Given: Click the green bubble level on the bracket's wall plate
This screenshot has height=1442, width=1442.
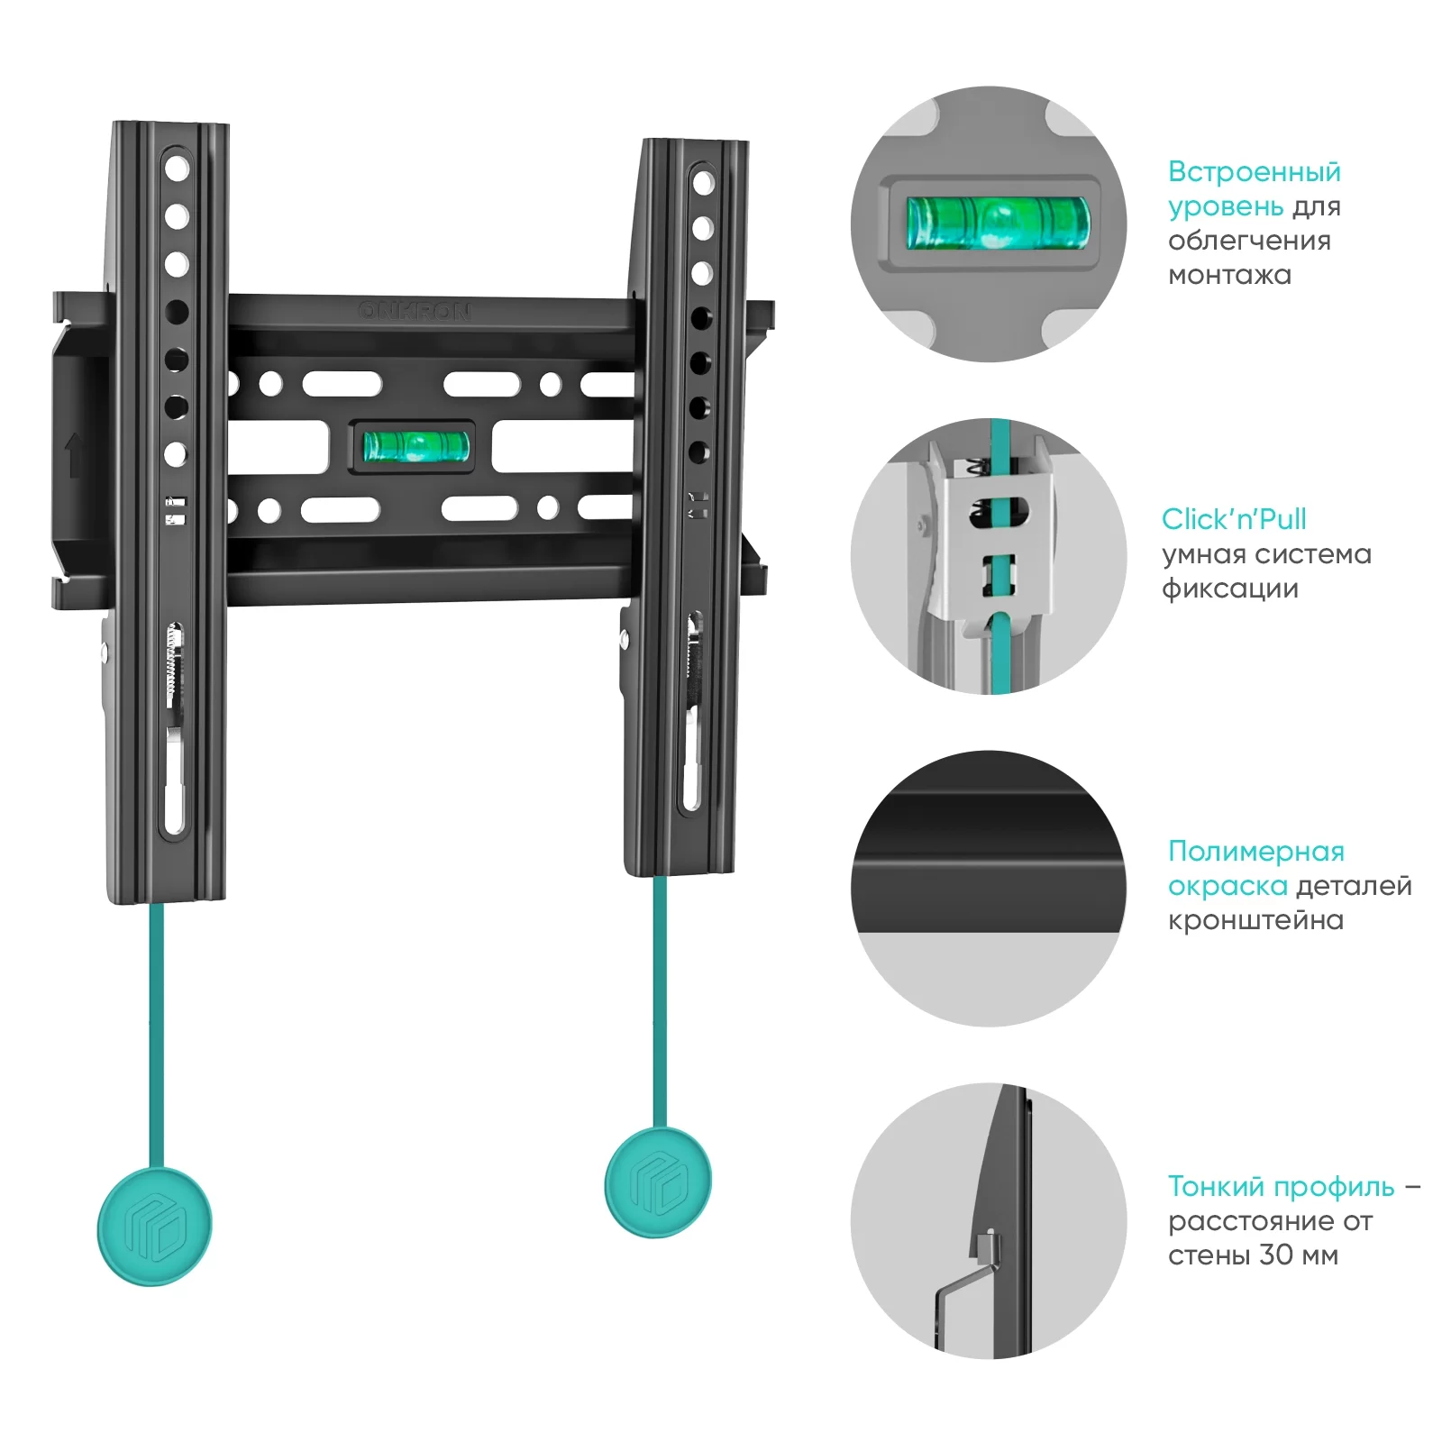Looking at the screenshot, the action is pos(415,446).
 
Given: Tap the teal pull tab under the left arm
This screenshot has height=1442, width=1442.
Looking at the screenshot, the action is pos(154,1226).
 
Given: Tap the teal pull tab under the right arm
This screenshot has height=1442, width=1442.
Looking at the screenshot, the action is pos(658,1182).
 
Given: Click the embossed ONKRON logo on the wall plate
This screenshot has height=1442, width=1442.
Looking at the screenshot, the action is pos(414,311).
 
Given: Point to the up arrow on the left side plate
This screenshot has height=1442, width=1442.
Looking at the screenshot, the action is pos(75,455).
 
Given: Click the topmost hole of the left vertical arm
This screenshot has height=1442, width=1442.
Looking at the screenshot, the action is pos(177,169).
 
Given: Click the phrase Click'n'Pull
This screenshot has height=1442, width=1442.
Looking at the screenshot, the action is pos(1233,519).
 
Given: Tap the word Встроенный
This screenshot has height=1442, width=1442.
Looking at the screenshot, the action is pos(1254,171).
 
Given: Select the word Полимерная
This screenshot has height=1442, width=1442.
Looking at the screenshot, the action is pos(1255,851).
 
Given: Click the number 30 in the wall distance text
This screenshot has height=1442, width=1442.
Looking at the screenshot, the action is pos(1276,1255).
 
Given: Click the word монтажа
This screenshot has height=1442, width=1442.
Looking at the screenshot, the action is pos(1229,275).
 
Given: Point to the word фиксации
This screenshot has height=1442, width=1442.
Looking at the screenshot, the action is pos(1229,589).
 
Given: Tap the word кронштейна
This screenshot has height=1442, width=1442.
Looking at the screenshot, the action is pos(1255,920).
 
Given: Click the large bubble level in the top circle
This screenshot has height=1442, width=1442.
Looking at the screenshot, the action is pos(997,223).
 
